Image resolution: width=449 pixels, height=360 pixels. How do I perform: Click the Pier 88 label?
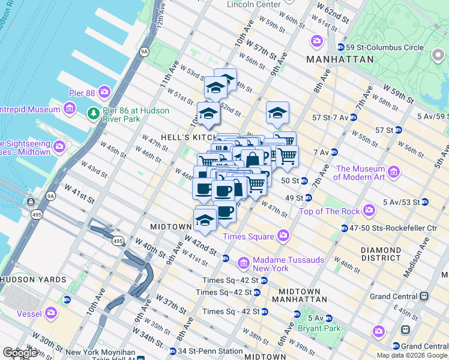(x=82, y=92)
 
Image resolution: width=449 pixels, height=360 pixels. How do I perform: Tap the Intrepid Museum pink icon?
(x=70, y=109)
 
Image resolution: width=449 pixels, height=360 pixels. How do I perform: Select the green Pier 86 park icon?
(x=93, y=113)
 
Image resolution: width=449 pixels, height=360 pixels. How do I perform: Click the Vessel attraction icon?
(x=52, y=313)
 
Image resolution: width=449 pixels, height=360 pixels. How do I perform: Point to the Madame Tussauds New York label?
(x=280, y=263)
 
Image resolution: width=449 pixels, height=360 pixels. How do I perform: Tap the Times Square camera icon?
(x=281, y=236)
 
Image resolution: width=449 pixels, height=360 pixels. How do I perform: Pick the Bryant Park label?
(x=324, y=328)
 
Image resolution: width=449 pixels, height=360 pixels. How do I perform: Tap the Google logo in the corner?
(x=20, y=353)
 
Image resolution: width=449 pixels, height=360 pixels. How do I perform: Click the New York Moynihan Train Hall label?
(x=99, y=353)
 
